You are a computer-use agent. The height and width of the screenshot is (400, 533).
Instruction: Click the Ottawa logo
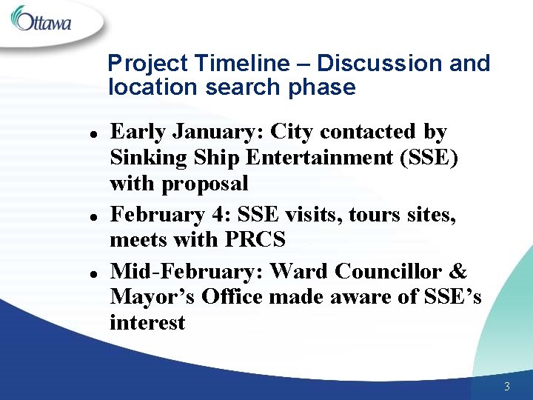41,19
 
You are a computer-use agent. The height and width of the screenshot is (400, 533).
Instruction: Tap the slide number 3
506,386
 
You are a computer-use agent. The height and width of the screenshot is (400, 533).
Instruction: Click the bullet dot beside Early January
89,134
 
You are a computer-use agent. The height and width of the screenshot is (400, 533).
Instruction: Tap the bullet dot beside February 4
89,217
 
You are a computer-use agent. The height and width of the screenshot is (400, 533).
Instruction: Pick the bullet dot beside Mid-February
89,273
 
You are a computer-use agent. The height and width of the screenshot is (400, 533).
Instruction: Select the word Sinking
143,158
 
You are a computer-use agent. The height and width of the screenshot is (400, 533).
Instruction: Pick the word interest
147,323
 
